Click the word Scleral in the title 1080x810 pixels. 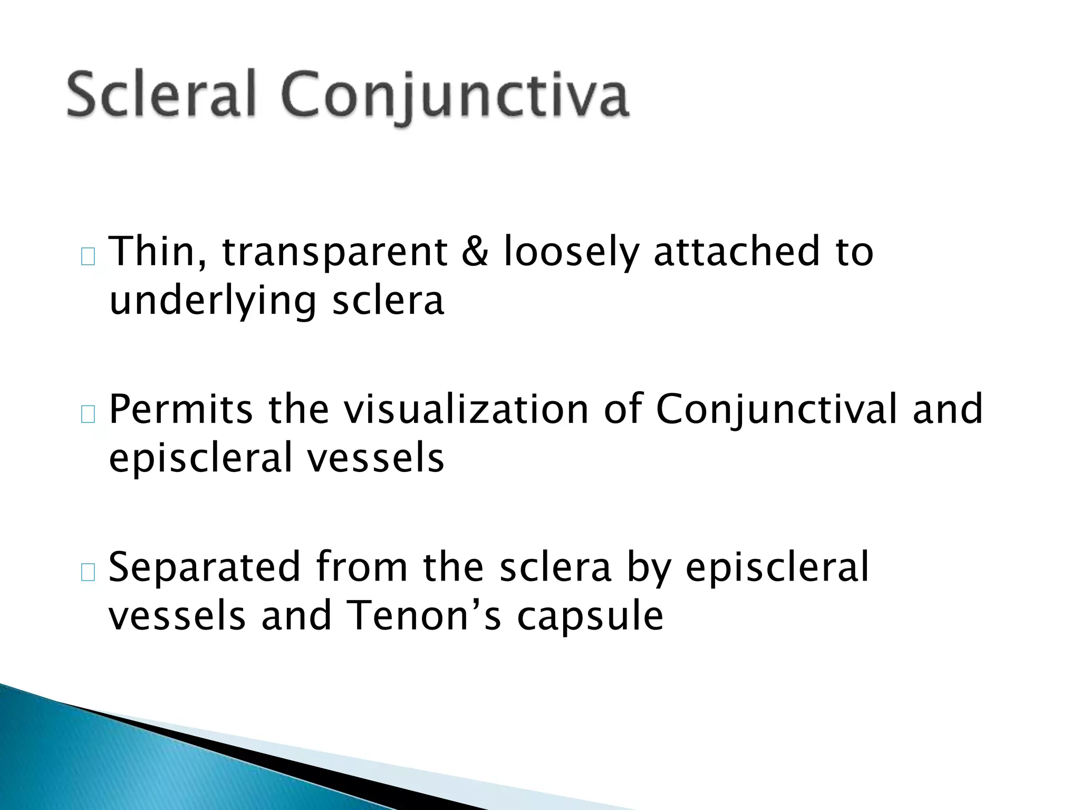[161, 95]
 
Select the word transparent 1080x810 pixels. [334, 252]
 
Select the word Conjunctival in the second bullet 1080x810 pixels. [776, 410]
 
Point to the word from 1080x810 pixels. [362, 567]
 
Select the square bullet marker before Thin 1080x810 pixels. [88, 257]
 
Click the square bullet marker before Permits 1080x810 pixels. [88, 416]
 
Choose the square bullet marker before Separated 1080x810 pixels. [88, 573]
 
